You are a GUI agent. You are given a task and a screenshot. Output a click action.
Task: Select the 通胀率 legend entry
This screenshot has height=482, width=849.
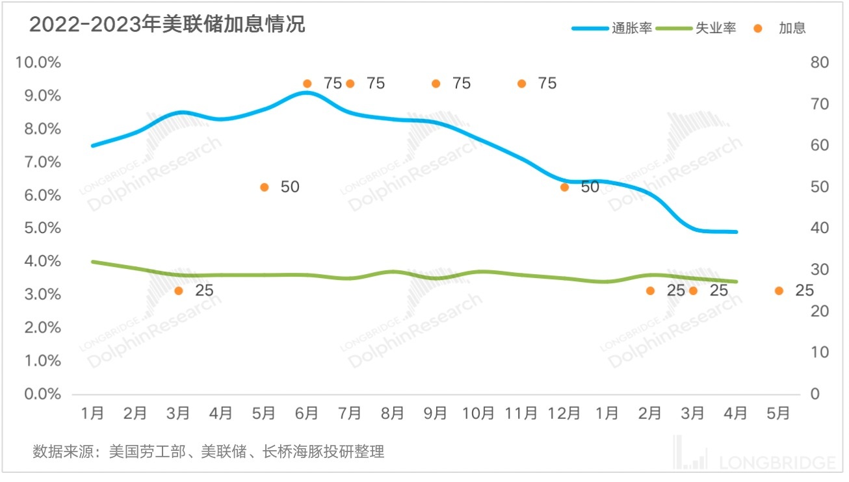tap(611, 29)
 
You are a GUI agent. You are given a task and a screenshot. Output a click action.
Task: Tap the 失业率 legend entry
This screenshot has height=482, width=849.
tap(696, 29)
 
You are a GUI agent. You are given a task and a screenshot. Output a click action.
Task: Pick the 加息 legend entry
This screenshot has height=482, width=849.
tap(780, 29)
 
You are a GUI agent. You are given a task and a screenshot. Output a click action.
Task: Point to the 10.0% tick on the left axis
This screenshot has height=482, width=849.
tap(38, 62)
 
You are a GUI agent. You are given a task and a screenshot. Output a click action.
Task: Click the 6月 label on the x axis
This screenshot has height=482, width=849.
tap(307, 413)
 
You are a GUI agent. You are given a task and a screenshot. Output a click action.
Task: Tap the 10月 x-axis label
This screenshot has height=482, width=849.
tap(478, 413)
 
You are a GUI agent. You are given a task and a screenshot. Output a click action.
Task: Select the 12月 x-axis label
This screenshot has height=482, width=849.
tap(564, 413)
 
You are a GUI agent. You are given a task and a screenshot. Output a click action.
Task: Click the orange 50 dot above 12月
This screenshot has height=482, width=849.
tap(564, 187)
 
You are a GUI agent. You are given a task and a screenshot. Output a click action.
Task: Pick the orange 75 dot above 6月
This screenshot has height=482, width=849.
tap(307, 84)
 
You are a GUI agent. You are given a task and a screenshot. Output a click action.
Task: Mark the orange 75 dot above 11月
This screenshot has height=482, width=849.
tap(521, 84)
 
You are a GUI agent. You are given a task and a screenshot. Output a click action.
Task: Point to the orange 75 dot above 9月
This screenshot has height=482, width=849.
tap(436, 84)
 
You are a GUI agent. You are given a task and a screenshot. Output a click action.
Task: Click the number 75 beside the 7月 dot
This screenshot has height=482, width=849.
tap(376, 84)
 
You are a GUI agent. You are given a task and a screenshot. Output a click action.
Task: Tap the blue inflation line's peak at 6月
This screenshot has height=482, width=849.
tap(307, 93)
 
